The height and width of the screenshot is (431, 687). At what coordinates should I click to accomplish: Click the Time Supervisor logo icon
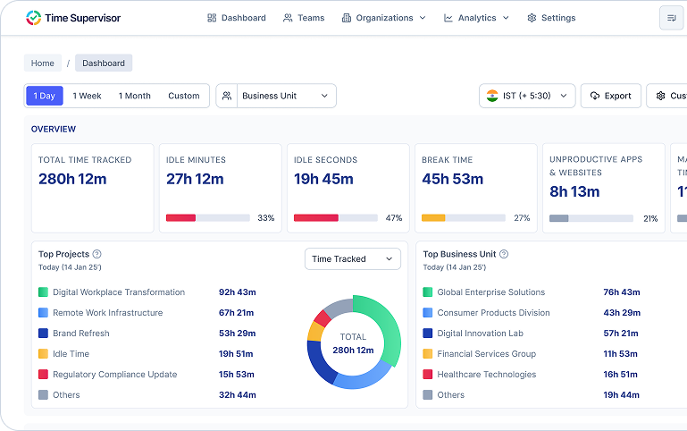[x=33, y=18]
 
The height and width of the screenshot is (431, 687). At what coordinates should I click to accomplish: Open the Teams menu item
[x=304, y=18]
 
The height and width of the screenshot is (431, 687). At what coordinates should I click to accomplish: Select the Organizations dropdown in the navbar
[x=383, y=18]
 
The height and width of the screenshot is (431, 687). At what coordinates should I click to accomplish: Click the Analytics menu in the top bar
[x=476, y=18]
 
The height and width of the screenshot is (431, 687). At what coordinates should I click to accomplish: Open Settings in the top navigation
[x=551, y=18]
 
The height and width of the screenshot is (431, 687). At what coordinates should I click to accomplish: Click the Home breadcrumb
[x=43, y=63]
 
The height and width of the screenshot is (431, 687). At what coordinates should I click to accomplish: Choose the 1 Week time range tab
[x=87, y=96]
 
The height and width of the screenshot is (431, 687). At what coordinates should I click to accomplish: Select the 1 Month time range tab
[x=134, y=96]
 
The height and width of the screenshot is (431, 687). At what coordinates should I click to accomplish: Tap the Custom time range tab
[x=183, y=96]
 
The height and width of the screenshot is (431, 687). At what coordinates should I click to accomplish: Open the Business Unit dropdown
[x=276, y=96]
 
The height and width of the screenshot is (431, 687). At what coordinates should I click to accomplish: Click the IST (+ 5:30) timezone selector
[x=527, y=96]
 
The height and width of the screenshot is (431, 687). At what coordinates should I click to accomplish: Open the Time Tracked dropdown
[x=352, y=259]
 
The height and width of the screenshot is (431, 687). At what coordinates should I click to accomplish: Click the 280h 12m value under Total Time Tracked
[x=72, y=179]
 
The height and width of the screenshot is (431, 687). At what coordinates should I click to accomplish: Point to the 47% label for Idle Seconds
[x=393, y=218]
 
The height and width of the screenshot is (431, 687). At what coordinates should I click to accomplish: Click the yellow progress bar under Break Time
[x=433, y=218]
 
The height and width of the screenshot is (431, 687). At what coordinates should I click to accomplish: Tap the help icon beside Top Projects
[x=96, y=254]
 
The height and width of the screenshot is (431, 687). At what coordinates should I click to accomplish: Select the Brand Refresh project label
[x=81, y=334]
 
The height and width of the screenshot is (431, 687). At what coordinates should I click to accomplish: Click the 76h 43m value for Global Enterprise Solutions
[x=621, y=292]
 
